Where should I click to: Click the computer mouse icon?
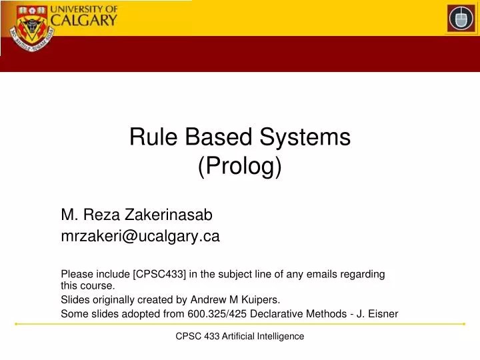click(x=461, y=18)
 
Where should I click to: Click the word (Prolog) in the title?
click(x=240, y=166)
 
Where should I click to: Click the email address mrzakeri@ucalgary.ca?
click(x=140, y=235)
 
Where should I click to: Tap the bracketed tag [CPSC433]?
click(x=165, y=274)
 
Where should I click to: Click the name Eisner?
click(x=382, y=314)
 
